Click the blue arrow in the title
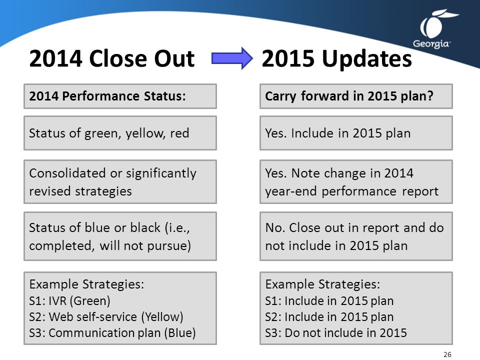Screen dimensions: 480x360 click(232, 58)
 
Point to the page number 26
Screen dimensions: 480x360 click(447, 354)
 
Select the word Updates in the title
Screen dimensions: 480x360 click(366, 59)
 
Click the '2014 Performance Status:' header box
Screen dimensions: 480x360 click(120, 96)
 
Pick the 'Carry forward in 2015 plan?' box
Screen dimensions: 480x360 click(356, 96)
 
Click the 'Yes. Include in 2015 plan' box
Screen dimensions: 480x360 click(356, 133)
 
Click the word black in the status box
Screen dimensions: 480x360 click(145, 227)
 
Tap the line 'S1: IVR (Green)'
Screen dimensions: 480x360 click(70, 301)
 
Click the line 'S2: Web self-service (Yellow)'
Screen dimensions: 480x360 click(106, 317)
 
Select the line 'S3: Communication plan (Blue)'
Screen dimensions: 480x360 click(112, 333)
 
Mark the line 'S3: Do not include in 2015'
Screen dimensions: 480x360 click(336, 333)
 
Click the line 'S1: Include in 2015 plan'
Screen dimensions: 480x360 click(329, 301)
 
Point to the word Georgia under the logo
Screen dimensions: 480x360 click(431, 44)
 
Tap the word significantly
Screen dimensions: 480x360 click(161, 173)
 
